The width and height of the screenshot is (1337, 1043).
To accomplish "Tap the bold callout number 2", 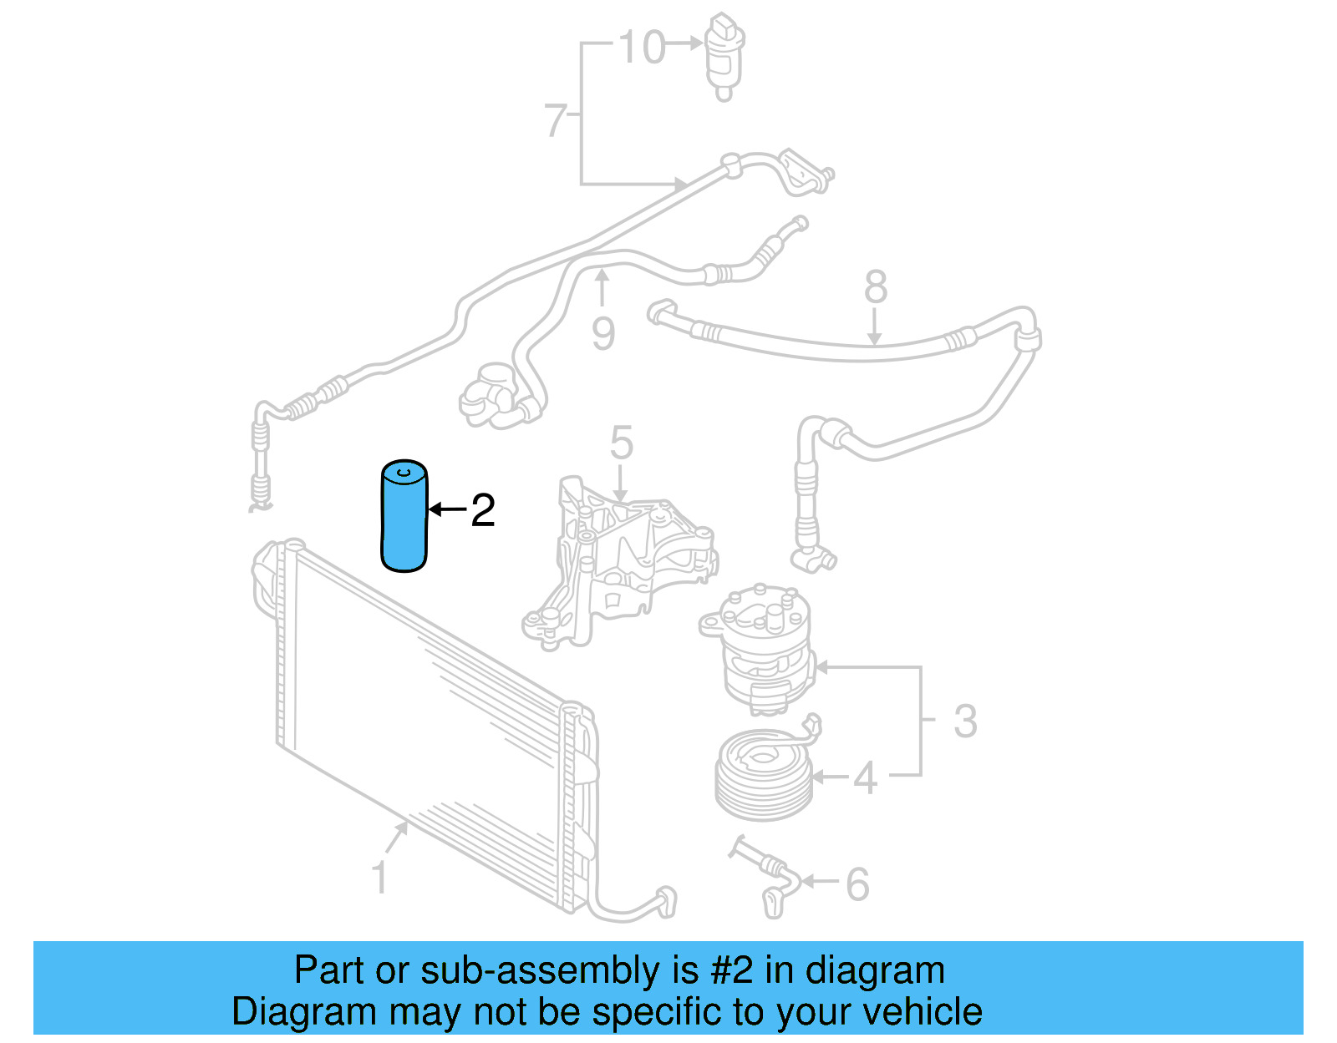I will [483, 509].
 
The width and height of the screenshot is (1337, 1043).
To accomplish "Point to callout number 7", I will [555, 120].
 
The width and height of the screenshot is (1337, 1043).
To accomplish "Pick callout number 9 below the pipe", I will [603, 333].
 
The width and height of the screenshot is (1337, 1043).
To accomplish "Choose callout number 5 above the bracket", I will [621, 443].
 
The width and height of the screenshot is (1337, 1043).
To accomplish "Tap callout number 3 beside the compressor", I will [965, 721].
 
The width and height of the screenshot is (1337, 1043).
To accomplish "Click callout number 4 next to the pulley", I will [865, 778].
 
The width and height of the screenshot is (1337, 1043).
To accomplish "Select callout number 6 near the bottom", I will [857, 884].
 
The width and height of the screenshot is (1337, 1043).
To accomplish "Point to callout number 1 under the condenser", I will [379, 878].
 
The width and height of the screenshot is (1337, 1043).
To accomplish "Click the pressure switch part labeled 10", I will [724, 53].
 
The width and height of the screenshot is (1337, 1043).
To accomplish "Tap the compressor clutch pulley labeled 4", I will [764, 776].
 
